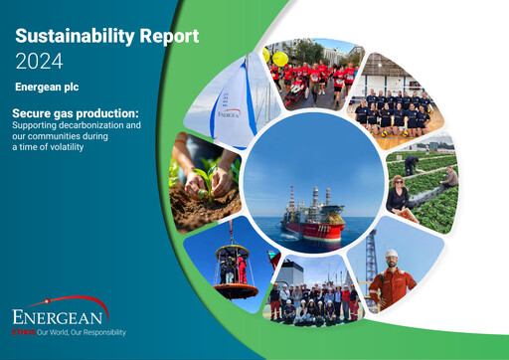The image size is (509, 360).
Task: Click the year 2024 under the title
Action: (x=39, y=61)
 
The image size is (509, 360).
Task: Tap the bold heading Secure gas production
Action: (x=76, y=113)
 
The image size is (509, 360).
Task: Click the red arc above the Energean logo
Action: (x=60, y=301)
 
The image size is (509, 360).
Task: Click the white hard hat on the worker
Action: (x=392, y=256)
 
